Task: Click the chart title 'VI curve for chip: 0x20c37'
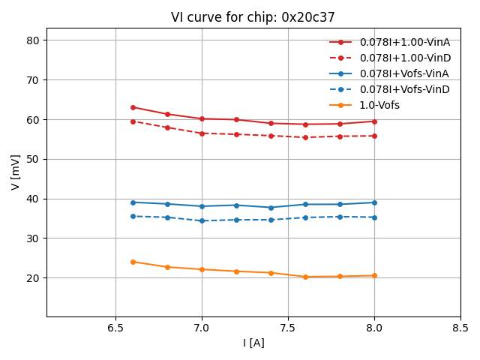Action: click(253, 17)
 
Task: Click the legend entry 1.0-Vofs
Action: click(379, 105)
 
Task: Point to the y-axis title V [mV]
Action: click(16, 172)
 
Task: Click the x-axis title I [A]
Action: click(253, 343)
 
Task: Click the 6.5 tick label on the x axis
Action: click(115, 328)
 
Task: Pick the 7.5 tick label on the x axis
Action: click(288, 328)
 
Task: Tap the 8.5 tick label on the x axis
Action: click(460, 328)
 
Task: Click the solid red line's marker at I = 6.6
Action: click(133, 107)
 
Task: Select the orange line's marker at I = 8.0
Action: click(374, 275)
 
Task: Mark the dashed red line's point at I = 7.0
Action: click(202, 133)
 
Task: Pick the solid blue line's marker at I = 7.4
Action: click(271, 208)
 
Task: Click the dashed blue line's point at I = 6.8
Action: click(167, 217)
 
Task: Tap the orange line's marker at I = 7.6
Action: click(305, 277)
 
